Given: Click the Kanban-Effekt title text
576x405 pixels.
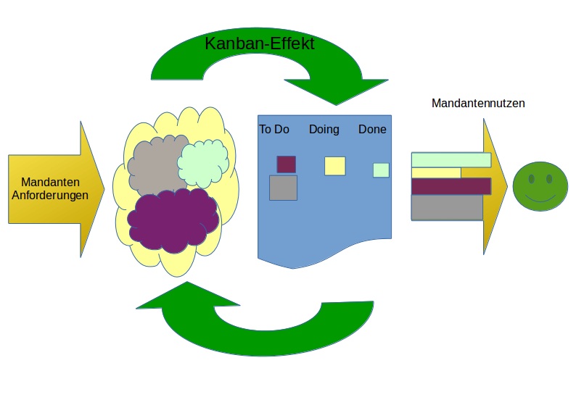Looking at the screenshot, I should (x=259, y=43).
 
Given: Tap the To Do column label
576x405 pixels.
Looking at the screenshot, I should (x=274, y=130).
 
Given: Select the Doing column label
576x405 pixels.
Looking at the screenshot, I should (x=324, y=130).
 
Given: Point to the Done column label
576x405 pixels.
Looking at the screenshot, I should (x=372, y=130).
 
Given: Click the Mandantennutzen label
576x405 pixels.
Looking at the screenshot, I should (x=478, y=104).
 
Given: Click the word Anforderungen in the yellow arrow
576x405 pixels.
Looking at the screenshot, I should (x=50, y=195).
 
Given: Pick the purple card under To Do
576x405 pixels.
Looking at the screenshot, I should (x=286, y=164).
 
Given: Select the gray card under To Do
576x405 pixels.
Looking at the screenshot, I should (x=283, y=188).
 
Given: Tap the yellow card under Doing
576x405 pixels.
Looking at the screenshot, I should (x=334, y=166).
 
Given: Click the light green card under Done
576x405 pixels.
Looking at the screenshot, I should (x=381, y=170).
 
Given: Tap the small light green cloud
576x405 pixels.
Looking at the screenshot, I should (x=203, y=164).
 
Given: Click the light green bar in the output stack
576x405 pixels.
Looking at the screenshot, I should (x=450, y=160).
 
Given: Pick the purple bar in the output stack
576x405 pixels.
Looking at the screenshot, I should (x=450, y=186).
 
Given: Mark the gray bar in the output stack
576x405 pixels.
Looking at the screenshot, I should (x=447, y=207).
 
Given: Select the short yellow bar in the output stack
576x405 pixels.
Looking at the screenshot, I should (x=435, y=172).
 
